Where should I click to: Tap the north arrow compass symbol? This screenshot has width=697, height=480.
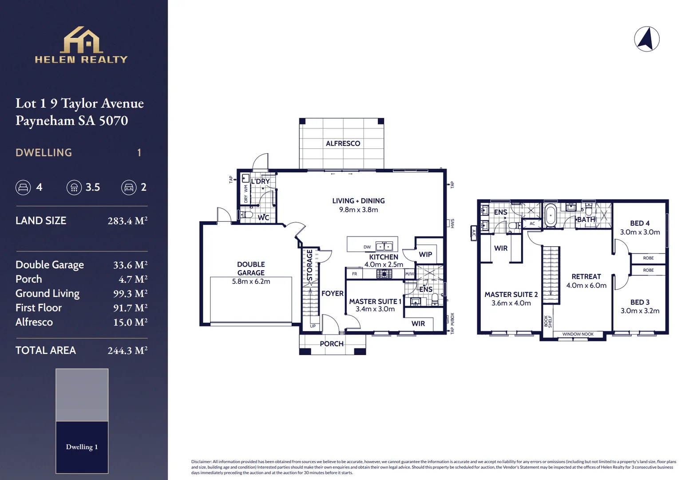tap(646, 39)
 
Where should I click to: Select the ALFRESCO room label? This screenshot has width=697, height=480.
tap(343, 144)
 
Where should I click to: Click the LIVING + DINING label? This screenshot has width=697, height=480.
tap(358, 201)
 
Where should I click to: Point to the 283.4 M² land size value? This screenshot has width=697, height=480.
tap(127, 221)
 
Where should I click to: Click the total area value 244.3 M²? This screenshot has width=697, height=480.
tap(127, 351)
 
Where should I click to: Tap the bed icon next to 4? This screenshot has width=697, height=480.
tap(23, 188)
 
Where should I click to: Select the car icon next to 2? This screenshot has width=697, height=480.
tap(129, 188)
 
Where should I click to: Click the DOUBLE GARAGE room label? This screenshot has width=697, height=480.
tap(251, 268)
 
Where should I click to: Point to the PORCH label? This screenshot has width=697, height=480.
tap(332, 344)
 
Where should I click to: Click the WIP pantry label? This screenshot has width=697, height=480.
tap(425, 255)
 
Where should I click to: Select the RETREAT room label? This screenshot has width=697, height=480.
tap(586, 276)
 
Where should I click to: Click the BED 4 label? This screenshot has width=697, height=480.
tap(640, 223)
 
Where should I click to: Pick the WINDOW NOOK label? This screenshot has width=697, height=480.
tap(578, 334)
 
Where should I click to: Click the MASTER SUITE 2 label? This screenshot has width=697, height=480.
tap(511, 295)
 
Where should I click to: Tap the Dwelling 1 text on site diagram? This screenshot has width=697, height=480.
tap(82, 447)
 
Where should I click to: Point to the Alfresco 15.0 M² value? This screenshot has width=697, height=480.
tap(130, 322)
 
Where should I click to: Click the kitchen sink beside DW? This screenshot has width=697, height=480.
tap(384, 246)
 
